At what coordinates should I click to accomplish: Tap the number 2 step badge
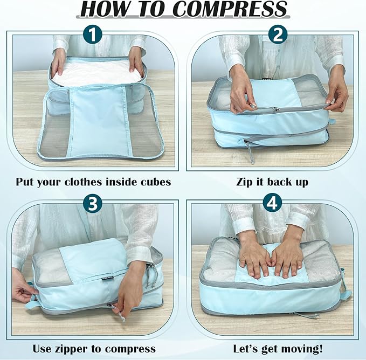(278, 36)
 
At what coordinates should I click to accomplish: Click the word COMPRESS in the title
(230, 9)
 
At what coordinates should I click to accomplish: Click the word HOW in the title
(105, 9)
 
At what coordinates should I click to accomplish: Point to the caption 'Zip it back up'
(272, 182)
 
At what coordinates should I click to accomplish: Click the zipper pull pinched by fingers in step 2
(274, 109)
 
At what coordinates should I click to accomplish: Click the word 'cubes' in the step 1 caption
(155, 182)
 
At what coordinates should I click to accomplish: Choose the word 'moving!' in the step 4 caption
(307, 349)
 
